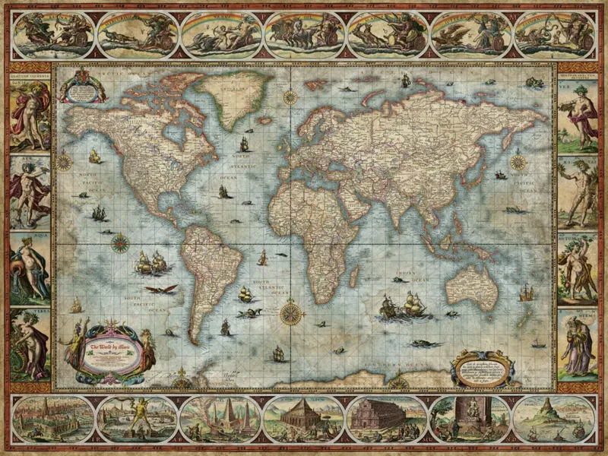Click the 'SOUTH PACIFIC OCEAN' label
(x=144, y=304)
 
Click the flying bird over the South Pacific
(x=161, y=290)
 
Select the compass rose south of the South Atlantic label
(x=290, y=312)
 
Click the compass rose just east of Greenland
(x=290, y=97)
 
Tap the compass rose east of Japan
(x=518, y=162)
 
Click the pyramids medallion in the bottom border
(x=221, y=418)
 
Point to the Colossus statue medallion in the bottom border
(x=138, y=418)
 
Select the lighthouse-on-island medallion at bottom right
(x=553, y=418)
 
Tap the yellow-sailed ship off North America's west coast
(x=95, y=157)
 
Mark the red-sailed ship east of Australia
(x=526, y=292)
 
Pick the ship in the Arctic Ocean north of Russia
(x=405, y=80)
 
